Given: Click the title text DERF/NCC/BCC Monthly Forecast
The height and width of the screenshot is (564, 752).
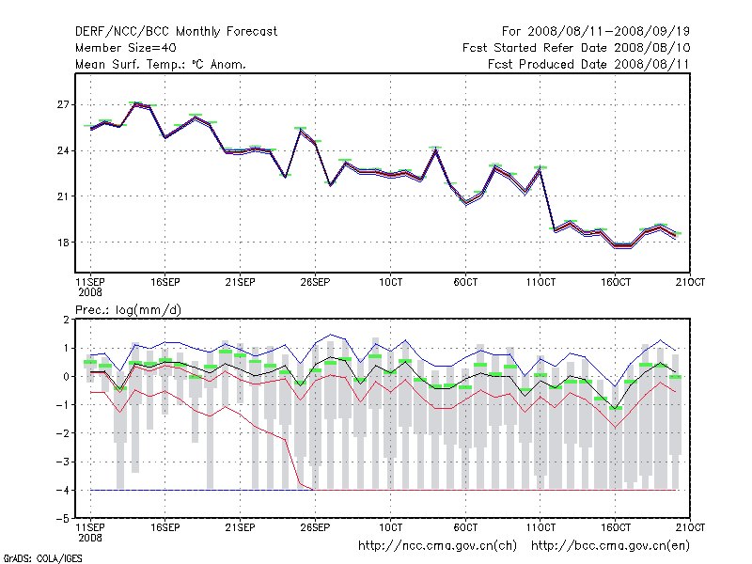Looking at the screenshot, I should [176, 31].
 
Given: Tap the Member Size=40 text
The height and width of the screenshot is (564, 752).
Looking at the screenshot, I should [125, 48].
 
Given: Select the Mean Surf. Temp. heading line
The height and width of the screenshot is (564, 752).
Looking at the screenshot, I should [161, 65].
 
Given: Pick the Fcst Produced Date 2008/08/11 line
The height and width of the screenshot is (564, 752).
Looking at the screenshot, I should [589, 65].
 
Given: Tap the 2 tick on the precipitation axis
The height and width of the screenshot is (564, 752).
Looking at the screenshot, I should [67, 321].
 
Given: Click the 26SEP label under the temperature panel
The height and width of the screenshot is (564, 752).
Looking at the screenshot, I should [315, 281].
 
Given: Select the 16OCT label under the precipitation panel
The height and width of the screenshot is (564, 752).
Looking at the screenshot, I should [616, 525].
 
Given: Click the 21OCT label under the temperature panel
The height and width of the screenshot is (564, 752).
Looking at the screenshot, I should [691, 281].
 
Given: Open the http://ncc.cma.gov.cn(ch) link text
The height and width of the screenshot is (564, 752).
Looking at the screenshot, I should [438, 545].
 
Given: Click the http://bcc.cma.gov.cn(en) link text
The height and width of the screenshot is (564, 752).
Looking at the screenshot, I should [611, 545].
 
